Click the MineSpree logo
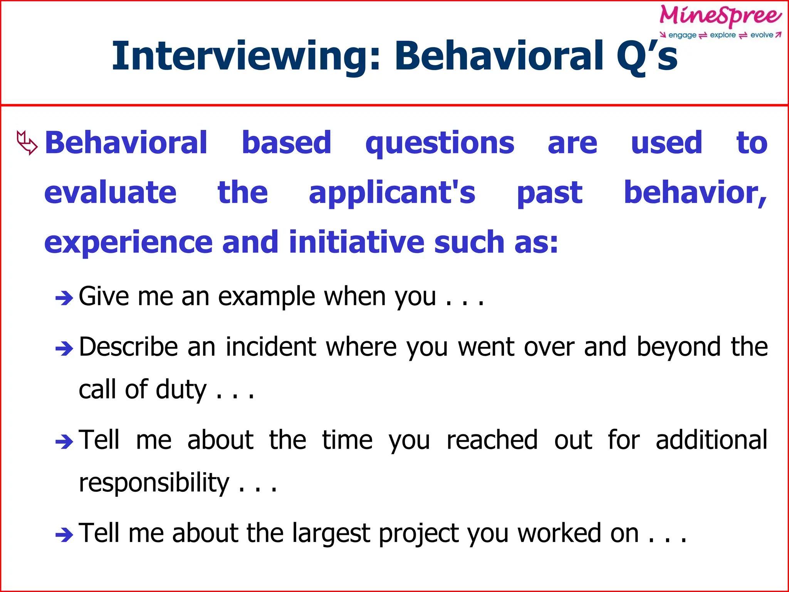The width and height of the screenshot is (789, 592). (720, 16)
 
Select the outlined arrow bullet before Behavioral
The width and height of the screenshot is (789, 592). (27, 143)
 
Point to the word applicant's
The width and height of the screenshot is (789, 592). (392, 193)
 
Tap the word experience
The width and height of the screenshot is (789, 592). (128, 243)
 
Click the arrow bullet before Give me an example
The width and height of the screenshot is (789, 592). (64, 298)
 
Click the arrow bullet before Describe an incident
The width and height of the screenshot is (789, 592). (64, 348)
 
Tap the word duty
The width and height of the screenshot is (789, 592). (181, 390)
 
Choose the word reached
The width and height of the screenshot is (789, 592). (492, 440)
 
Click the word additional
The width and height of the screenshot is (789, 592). (711, 440)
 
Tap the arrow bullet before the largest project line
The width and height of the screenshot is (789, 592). (64, 535)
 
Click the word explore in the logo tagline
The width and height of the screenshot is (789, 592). (723, 35)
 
